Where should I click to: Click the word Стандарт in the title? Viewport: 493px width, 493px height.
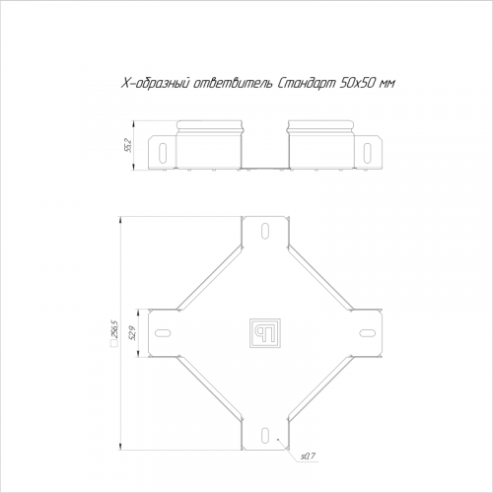[307, 84]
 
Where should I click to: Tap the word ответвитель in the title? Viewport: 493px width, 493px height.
[233, 84]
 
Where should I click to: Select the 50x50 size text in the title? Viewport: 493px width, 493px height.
[356, 84]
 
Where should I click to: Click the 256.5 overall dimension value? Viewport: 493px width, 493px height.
[114, 328]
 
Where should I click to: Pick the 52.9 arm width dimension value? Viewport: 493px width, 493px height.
[133, 333]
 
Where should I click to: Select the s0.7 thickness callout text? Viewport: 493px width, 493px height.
[308, 457]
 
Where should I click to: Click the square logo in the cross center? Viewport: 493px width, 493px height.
[265, 333]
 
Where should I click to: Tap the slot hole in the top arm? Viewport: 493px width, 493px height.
[265, 232]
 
